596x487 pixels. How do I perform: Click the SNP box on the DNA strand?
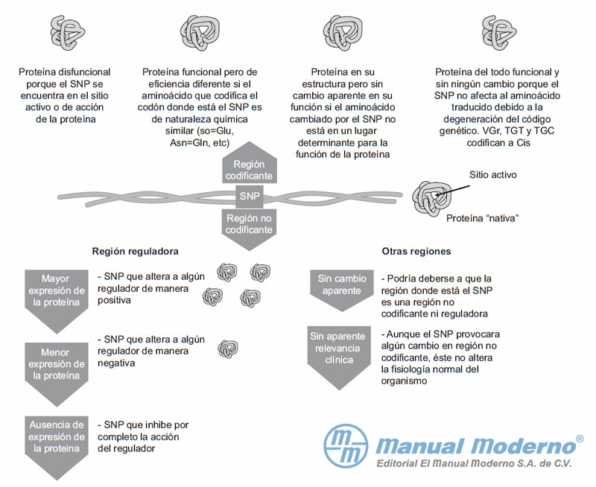pos(250,197)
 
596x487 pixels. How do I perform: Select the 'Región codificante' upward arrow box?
pos(250,163)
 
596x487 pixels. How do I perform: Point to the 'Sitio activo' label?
pos(493,175)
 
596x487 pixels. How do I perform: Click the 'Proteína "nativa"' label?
pos(482,218)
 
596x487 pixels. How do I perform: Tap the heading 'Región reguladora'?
pos(136,251)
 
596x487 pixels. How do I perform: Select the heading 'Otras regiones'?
pos(416,251)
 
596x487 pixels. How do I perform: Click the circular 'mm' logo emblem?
pos(346,445)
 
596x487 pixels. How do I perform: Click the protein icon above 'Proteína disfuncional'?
pos(67,33)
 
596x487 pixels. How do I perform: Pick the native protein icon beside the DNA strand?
pos(432,198)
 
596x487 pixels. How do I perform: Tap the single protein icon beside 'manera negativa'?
pos(228,348)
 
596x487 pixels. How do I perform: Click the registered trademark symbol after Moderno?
pos(580,439)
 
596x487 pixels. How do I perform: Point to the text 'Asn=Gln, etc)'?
pos(200,143)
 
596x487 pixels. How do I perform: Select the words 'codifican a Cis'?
pos(498,143)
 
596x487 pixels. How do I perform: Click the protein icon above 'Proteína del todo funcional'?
pos(499,33)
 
